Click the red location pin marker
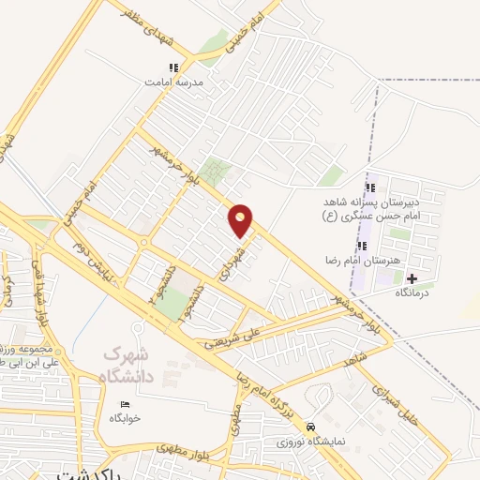click(x=241, y=219)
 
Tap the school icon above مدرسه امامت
click(x=173, y=67)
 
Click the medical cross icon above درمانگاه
click(x=412, y=277)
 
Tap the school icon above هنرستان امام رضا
click(x=362, y=246)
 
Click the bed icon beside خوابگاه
click(x=123, y=404)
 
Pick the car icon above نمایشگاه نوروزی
click(x=324, y=425)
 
